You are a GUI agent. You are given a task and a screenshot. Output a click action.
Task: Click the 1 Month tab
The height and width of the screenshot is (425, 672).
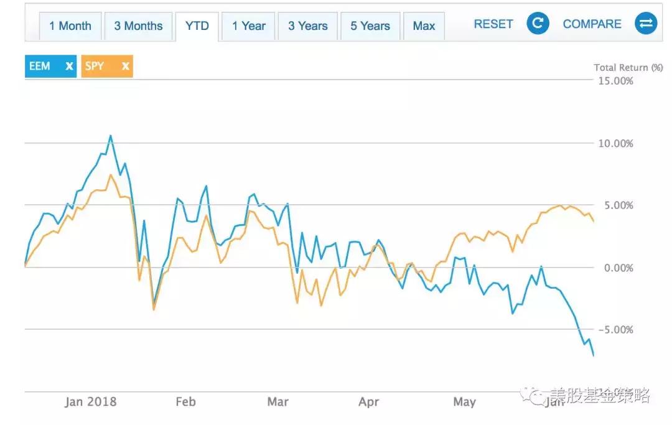tap(70, 26)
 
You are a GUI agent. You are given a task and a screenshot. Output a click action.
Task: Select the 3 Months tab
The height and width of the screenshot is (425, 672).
tap(138, 26)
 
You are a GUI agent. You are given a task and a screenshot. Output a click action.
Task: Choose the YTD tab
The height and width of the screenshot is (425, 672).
tap(197, 26)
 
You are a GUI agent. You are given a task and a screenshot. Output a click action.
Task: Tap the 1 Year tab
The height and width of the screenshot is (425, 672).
tap(249, 26)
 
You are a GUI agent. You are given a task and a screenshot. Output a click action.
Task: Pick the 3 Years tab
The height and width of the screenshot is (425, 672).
tap(307, 26)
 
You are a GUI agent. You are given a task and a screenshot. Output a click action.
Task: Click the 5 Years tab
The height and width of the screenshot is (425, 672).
tap(370, 26)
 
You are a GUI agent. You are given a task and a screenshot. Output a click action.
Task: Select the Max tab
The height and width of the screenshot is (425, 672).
tap(424, 26)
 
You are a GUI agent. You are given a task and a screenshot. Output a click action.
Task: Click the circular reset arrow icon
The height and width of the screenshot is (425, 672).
tap(538, 24)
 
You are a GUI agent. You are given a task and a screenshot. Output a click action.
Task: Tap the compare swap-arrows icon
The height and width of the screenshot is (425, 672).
tap(646, 24)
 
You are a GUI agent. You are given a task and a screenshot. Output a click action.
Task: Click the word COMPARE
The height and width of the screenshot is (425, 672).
tap(592, 24)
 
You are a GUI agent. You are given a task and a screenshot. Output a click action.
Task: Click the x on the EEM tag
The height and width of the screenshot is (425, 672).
tap(69, 66)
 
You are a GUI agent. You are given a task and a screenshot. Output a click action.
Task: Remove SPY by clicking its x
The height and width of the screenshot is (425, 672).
tap(126, 66)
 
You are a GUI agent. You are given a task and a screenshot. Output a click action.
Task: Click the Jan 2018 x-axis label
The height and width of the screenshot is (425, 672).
tap(90, 401)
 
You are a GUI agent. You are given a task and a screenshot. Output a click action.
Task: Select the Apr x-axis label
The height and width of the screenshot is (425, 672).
tap(369, 401)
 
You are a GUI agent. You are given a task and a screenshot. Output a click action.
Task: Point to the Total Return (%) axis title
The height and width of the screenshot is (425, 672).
tap(628, 67)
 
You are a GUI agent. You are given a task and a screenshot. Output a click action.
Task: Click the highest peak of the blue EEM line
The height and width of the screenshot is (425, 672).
tap(110, 136)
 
